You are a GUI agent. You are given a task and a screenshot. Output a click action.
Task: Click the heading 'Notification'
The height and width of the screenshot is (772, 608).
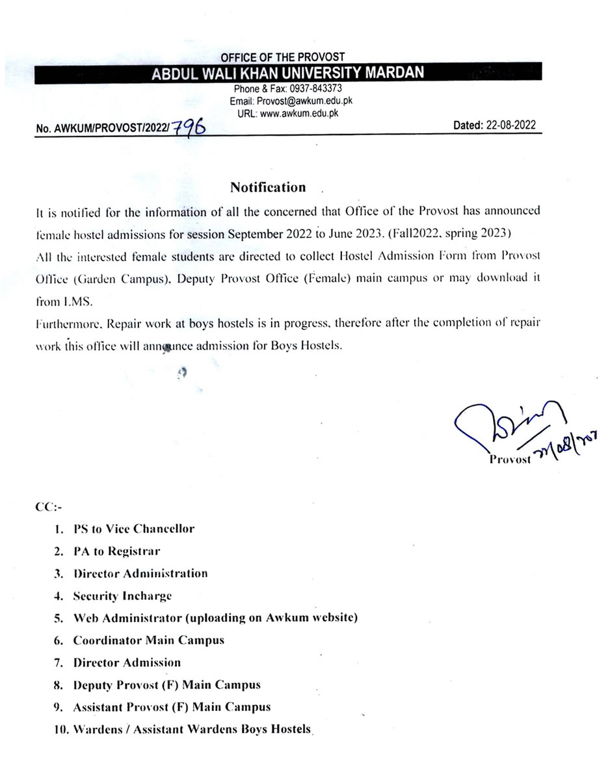pyautogui.click(x=268, y=188)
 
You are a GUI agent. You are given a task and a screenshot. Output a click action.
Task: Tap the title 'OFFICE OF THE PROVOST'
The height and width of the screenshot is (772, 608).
pyautogui.click(x=283, y=57)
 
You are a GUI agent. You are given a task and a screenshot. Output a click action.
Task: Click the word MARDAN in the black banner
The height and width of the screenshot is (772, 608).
pyautogui.click(x=388, y=73)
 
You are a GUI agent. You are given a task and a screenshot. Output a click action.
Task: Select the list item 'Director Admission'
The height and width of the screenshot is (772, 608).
pyautogui.click(x=127, y=663)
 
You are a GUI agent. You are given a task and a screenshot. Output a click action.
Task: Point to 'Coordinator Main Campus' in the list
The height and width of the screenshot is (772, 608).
pyautogui.click(x=148, y=640)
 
